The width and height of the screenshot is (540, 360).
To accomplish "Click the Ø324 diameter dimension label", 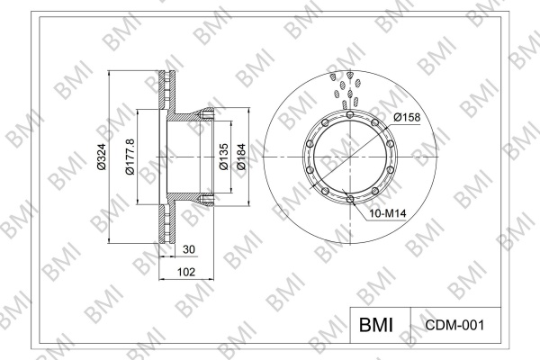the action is (102, 157).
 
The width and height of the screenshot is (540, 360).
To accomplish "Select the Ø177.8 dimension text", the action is (130, 157).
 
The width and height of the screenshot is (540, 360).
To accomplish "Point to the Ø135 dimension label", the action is (224, 157).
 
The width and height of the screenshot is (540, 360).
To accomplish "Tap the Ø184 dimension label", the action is (241, 157).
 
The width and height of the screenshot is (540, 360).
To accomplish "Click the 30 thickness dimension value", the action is (189, 249).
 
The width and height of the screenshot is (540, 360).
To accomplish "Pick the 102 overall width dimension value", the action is (186, 272).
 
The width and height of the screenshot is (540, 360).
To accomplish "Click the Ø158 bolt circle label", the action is (407, 118).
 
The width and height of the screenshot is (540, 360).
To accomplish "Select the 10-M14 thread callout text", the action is (388, 213).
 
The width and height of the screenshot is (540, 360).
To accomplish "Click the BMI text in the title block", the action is (376, 325).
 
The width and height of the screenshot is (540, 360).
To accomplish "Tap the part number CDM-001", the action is (454, 325).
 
